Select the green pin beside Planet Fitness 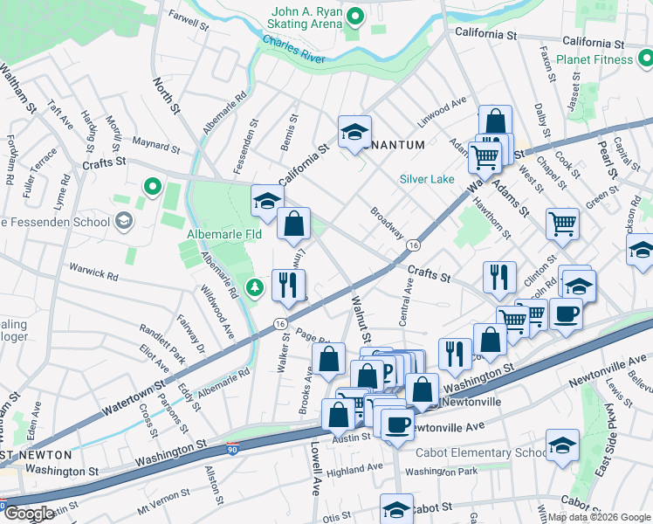tap(645, 59)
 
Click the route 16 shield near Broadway tap(414, 247)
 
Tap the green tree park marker tap(254, 286)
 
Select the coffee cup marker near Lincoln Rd tap(566, 312)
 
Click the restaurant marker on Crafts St tap(499, 276)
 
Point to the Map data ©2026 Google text tap(598, 516)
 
